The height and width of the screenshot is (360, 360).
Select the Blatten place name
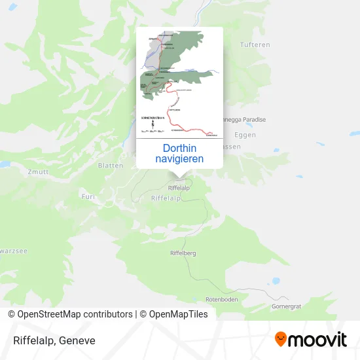click(110, 166)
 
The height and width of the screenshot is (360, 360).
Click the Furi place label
click(88, 196)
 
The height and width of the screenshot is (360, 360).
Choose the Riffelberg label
click(183, 252)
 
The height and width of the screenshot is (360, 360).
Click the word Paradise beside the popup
click(253, 120)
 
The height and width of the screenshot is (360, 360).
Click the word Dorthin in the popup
click(179, 148)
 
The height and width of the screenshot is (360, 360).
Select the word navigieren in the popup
click(179, 158)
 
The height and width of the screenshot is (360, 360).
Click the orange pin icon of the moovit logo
click(281, 340)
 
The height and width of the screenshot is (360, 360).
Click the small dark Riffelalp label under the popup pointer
click(179, 188)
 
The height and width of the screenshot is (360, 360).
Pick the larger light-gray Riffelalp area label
click(166, 198)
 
